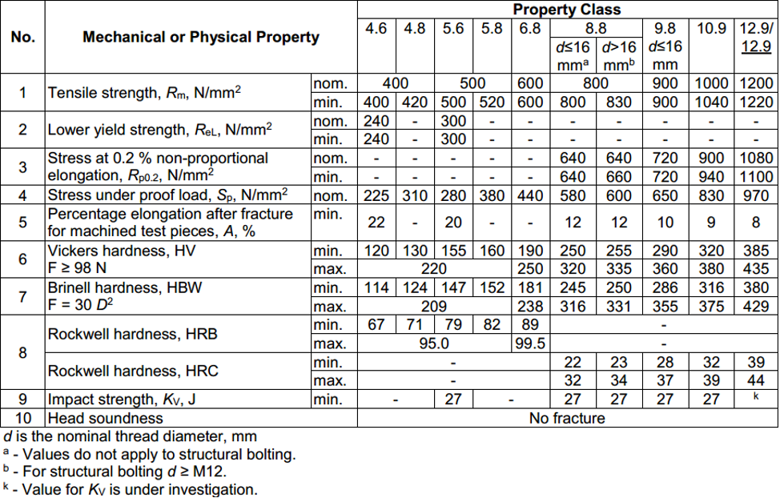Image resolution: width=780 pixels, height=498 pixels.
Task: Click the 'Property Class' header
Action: [566, 10]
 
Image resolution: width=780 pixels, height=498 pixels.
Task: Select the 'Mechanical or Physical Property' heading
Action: [201, 37]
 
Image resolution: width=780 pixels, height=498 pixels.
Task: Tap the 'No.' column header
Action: [22, 37]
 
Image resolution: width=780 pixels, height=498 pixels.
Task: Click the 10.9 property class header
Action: [712, 29]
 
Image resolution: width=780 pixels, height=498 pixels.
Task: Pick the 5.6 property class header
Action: [453, 29]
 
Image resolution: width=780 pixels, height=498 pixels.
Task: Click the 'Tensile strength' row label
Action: [144, 93]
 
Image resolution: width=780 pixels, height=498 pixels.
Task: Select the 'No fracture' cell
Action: [566, 418]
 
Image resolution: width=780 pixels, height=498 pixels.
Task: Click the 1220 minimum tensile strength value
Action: [756, 102]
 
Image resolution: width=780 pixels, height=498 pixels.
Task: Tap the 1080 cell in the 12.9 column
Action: [756, 159]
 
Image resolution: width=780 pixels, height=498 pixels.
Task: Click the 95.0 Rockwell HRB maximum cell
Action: [433, 343]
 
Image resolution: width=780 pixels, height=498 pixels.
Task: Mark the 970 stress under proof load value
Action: [756, 195]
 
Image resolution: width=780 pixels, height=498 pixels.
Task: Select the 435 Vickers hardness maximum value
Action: [756, 269]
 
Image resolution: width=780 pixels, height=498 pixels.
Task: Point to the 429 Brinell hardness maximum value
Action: [756, 306]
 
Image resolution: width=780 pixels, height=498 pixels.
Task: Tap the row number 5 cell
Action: [22, 223]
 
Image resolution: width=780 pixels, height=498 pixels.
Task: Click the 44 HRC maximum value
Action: [756, 380]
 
